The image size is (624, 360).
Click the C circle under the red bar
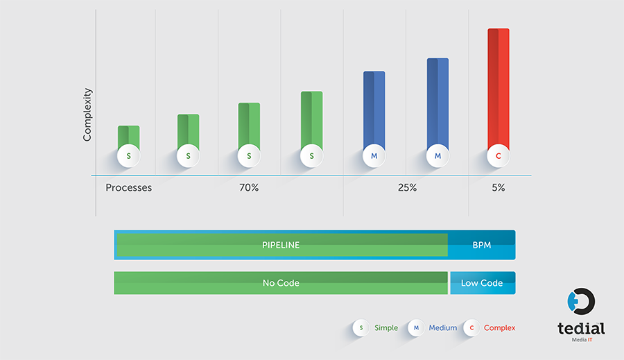point(499,157)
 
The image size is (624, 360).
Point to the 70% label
point(249,188)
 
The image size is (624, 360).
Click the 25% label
point(407,188)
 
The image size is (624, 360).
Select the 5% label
point(499,188)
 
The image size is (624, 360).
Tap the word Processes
point(129,188)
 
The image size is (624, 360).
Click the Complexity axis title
point(87,114)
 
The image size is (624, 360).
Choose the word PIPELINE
point(281,245)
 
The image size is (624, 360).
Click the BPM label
point(482,245)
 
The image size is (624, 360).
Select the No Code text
point(281,283)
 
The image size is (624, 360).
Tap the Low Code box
point(483,283)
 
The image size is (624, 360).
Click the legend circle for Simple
point(361,327)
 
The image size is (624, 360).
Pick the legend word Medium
point(442,327)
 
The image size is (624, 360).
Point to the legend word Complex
point(500,327)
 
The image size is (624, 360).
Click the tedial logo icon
point(580,302)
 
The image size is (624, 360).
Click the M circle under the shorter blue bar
point(374,157)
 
